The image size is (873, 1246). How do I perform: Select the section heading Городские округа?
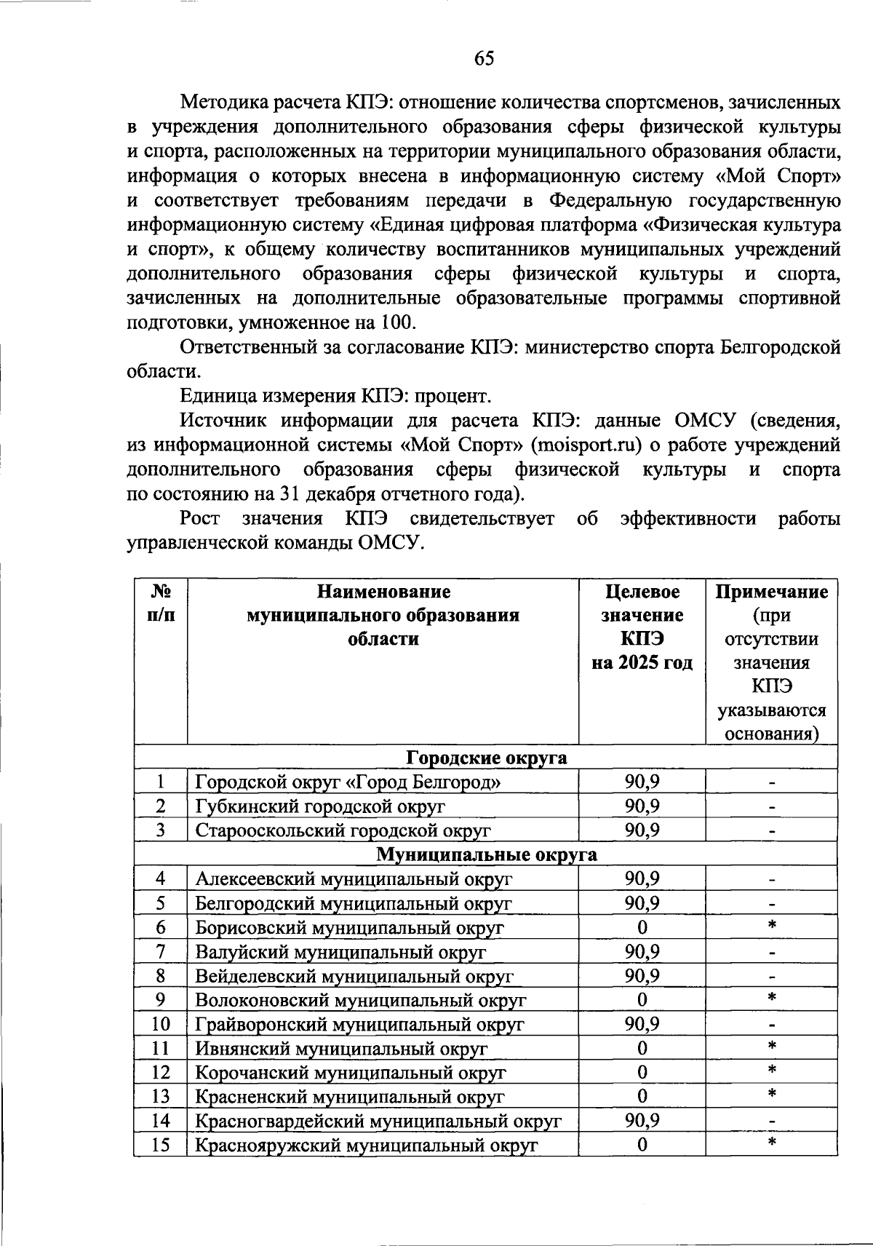[486, 758]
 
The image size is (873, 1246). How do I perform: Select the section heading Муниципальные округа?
[486, 854]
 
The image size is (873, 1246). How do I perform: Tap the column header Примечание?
[771, 591]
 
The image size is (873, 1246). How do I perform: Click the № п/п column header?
[161, 603]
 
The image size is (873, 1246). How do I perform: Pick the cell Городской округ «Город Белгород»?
[348, 782]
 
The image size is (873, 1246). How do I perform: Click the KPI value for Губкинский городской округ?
[642, 806]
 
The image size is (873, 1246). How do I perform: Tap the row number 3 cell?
[161, 830]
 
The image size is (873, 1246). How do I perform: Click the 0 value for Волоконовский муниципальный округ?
[642, 1000]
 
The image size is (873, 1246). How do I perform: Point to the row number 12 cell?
[161, 1072]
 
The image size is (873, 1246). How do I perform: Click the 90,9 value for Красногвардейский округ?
[642, 1121]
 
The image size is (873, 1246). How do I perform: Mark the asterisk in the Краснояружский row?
[772, 1143]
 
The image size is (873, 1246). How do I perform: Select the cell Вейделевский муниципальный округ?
[354, 976]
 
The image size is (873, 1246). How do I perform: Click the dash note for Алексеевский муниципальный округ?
[772, 880]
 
